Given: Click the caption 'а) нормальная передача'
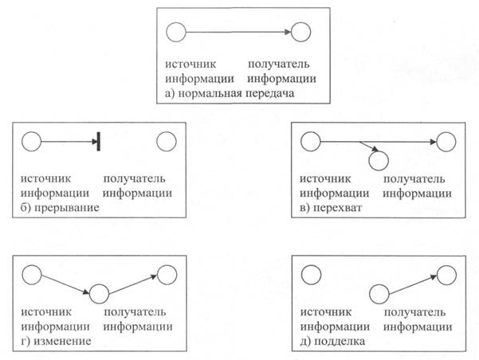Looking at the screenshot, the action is click(230, 93).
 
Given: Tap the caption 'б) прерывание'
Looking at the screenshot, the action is click(60, 208).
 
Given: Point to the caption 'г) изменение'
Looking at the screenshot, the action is click(56, 341).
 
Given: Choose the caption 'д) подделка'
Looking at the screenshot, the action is click(332, 341).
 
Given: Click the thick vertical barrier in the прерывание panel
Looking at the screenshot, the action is click(98, 142).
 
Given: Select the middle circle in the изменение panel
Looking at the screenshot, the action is click(99, 294).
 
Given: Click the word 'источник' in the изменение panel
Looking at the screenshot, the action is click(46, 312).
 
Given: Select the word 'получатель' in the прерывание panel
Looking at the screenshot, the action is click(134, 178).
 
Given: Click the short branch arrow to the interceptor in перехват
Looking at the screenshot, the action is click(369, 146).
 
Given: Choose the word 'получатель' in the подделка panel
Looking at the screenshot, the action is click(414, 312).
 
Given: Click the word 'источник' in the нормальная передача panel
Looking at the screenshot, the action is click(190, 65).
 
